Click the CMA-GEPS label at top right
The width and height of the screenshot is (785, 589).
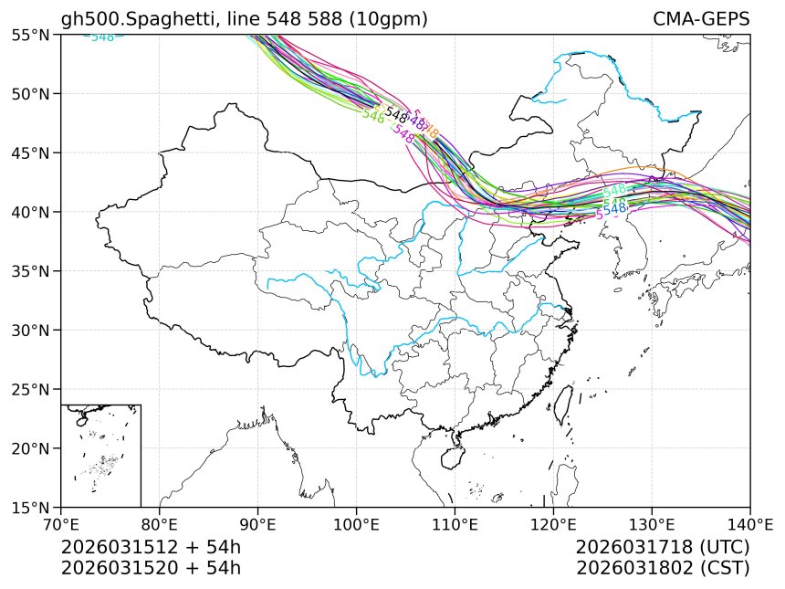coord(701,19)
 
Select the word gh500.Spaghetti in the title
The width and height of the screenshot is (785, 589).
coord(128,19)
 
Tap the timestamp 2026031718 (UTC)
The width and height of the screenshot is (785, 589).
coord(663,547)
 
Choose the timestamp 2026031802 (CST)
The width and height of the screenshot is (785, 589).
coord(663,567)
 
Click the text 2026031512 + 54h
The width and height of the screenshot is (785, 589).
coord(151,547)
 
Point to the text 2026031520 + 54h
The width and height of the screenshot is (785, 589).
coord(151,567)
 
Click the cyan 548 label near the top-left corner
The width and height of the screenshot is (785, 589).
coord(102,37)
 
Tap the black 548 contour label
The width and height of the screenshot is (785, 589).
coord(396,114)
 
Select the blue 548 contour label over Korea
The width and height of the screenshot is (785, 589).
coord(615,208)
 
